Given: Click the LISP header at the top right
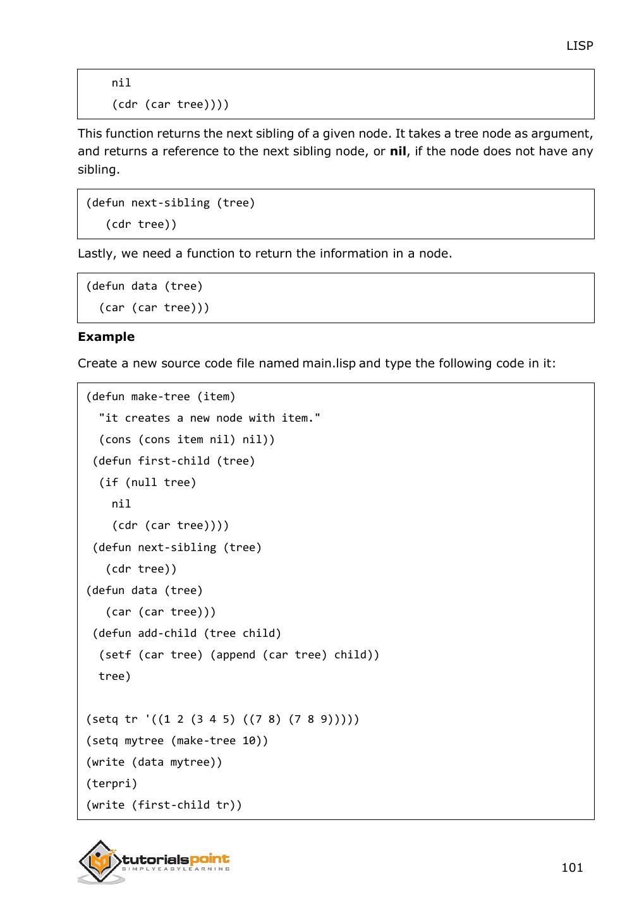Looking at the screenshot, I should [x=579, y=45].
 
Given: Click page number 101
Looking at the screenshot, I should [x=572, y=867].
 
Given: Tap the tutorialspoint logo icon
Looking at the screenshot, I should [x=100, y=861].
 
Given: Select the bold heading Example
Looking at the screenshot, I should [x=106, y=336].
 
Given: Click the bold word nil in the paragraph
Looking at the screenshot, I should [x=398, y=151].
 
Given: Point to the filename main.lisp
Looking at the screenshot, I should [x=329, y=363].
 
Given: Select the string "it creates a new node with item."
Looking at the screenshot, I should [x=210, y=418].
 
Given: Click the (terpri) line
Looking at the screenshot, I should [x=112, y=783].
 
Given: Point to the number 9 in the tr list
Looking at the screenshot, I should [x=323, y=719].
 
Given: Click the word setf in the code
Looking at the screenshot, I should [x=118, y=655].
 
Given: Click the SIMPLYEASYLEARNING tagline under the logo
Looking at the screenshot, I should [x=176, y=869].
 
